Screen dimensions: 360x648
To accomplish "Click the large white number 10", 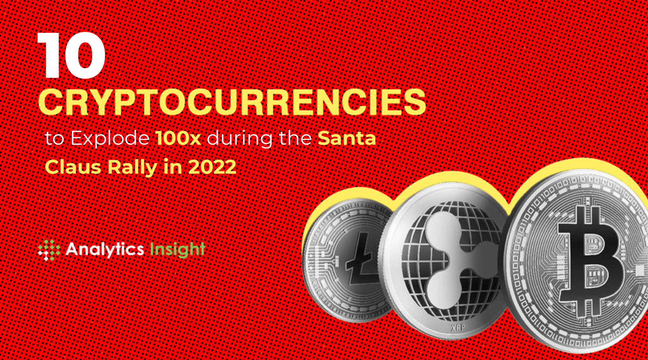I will click(x=71, y=55).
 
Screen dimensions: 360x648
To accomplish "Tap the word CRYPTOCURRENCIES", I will click(x=232, y=102).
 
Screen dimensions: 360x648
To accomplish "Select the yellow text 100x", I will click(x=178, y=138).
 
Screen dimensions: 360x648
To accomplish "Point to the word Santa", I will click(x=347, y=138).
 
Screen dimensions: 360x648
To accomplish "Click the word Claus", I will click(x=73, y=167).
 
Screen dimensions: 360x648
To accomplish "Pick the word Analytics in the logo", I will click(x=105, y=249).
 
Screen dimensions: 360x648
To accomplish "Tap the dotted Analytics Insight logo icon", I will click(x=49, y=250).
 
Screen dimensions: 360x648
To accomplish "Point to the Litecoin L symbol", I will click(x=361, y=260).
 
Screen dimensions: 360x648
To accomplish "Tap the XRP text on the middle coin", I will click(x=458, y=327).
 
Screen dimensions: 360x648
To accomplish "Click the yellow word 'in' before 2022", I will click(x=173, y=167).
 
